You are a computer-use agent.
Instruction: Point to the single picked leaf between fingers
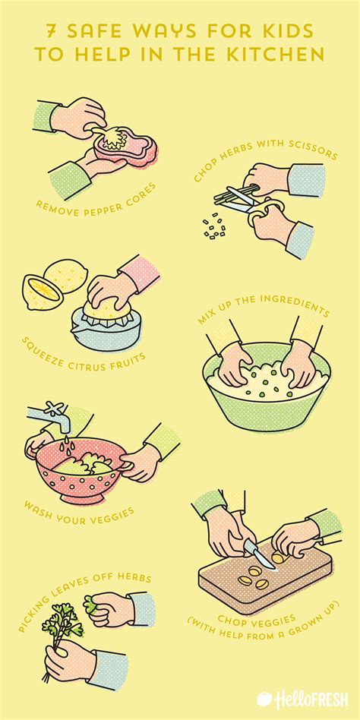[x=92, y=605]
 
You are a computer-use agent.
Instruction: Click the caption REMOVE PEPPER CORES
[x=96, y=201]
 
